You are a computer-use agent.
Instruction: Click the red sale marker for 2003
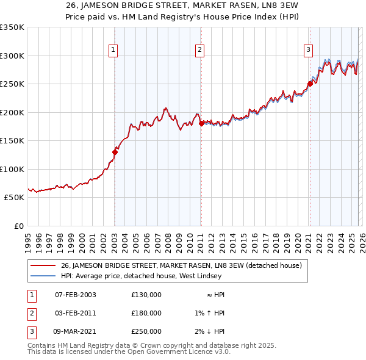[x=115, y=152]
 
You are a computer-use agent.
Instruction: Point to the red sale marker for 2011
[x=201, y=123]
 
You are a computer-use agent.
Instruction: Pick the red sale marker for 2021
[x=309, y=84]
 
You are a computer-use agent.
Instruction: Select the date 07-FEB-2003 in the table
[x=76, y=295]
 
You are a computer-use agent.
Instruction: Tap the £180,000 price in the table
[x=146, y=313]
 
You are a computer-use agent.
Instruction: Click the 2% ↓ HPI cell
[x=209, y=331]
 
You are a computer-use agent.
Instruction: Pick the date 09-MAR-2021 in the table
[x=76, y=331]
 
